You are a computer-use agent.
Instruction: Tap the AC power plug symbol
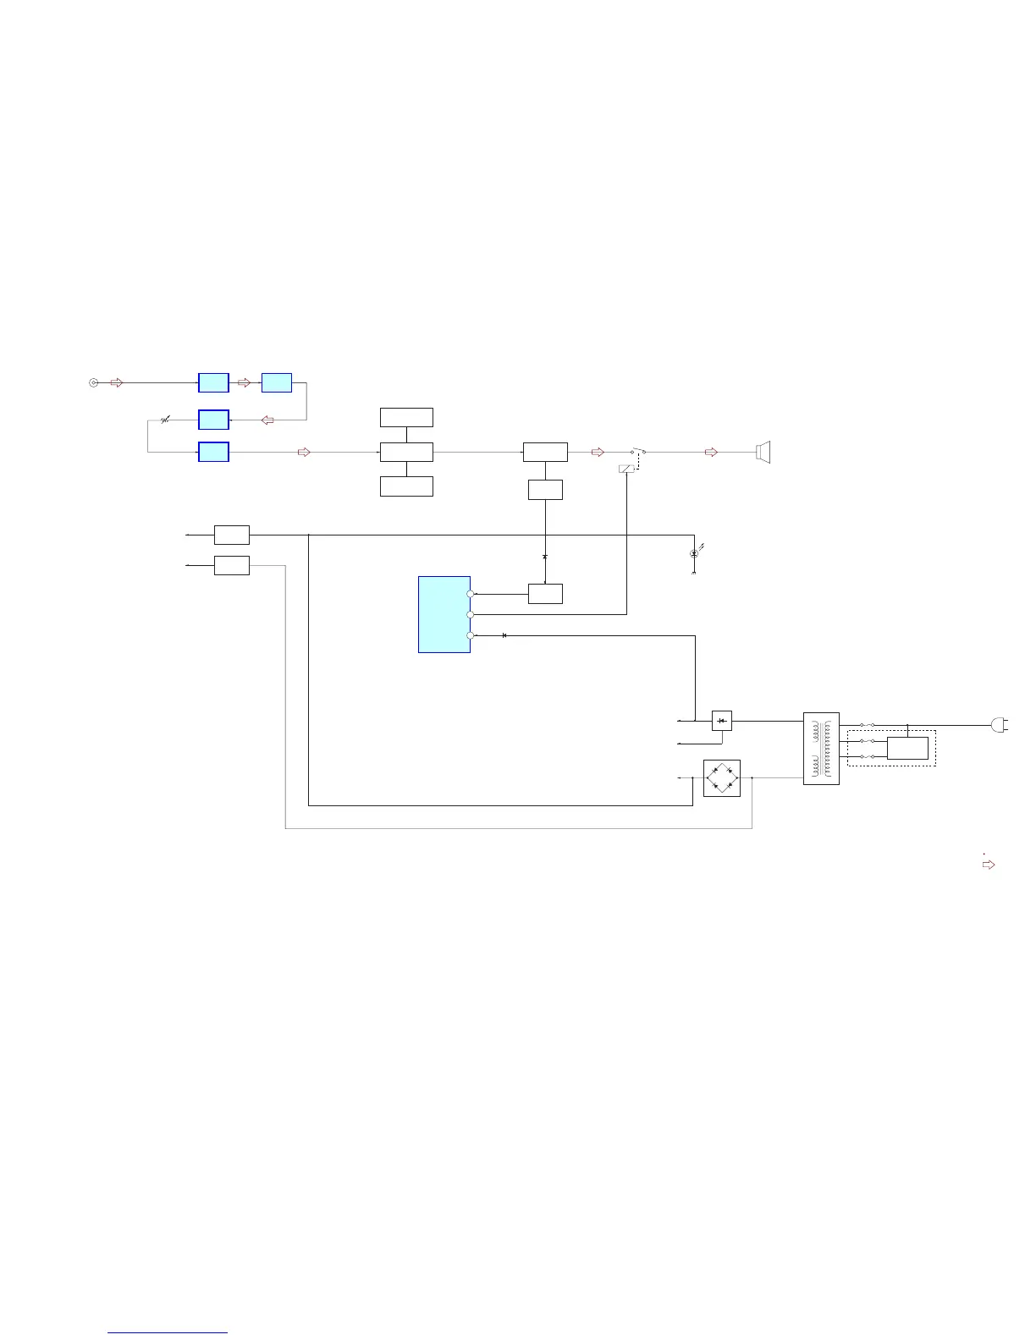(x=999, y=725)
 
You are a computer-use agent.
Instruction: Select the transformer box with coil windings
(x=821, y=748)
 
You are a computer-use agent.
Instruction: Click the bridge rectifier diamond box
(x=722, y=778)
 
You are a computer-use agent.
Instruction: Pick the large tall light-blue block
(x=444, y=614)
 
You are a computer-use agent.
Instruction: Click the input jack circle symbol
(x=93, y=382)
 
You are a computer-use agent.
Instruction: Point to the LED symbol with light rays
(x=694, y=553)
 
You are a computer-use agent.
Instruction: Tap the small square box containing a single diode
(x=721, y=721)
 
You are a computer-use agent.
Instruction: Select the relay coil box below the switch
(x=626, y=468)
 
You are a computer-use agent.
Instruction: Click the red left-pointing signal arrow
(x=267, y=420)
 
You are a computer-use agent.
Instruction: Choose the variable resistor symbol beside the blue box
(x=165, y=420)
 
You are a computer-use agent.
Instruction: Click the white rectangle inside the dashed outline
(x=907, y=748)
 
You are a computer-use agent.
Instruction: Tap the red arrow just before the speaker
(x=711, y=452)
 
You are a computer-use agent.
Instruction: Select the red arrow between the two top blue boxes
(x=245, y=382)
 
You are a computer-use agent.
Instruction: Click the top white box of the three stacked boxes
(x=406, y=417)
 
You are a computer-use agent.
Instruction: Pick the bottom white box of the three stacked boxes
(x=406, y=486)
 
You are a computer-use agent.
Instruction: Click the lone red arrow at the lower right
(x=988, y=865)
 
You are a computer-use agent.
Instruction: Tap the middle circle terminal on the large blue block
(x=470, y=614)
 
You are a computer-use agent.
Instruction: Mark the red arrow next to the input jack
(x=117, y=382)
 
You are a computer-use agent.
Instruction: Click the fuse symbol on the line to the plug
(x=867, y=725)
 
